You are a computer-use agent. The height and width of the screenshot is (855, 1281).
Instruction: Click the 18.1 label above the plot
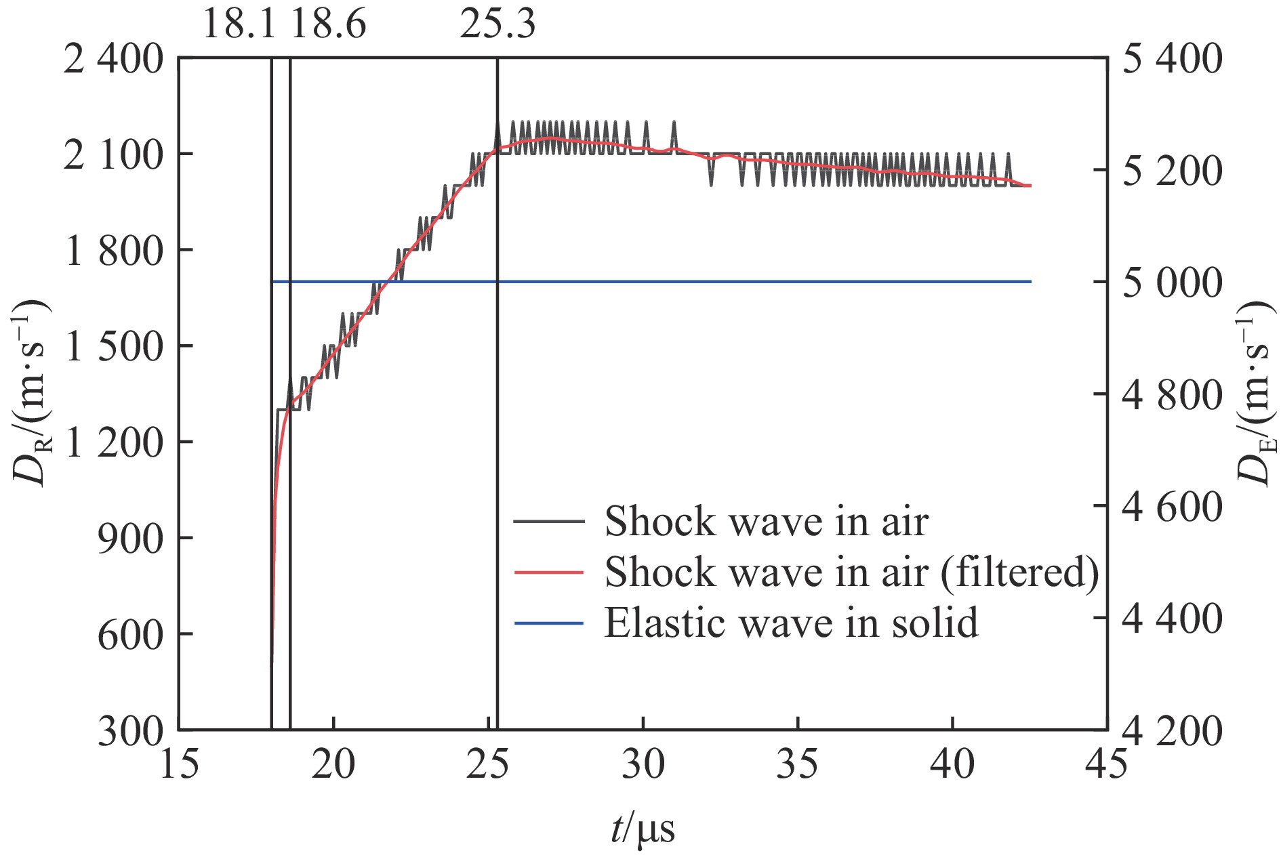pyautogui.click(x=239, y=24)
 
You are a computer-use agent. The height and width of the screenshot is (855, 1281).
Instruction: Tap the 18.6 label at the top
pyautogui.click(x=329, y=24)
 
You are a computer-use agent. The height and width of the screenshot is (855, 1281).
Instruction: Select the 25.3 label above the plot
pyautogui.click(x=497, y=24)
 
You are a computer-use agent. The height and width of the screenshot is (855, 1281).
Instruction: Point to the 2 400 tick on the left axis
pyautogui.click(x=114, y=60)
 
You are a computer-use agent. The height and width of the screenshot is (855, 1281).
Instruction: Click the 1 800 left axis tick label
pyautogui.click(x=114, y=251)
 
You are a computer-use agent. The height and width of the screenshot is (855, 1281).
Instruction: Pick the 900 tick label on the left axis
pyautogui.click(x=131, y=539)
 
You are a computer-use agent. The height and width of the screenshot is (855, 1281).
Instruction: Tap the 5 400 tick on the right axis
pyautogui.click(x=1173, y=60)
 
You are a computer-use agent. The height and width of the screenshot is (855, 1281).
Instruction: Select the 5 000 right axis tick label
pyautogui.click(x=1173, y=283)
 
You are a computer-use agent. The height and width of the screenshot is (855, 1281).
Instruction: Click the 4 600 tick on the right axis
pyautogui.click(x=1173, y=507)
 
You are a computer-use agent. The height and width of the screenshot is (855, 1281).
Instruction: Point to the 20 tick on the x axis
pyautogui.click(x=333, y=764)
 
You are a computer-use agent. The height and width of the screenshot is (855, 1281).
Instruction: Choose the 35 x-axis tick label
pyautogui.click(x=798, y=764)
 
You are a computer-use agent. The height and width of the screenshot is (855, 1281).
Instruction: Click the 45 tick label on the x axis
pyautogui.click(x=1106, y=764)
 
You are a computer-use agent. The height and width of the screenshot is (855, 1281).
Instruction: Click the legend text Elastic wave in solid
pyautogui.click(x=791, y=623)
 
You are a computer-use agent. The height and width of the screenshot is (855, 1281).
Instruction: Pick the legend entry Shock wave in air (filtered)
pyautogui.click(x=851, y=572)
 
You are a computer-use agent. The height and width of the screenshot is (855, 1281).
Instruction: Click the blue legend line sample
pyautogui.click(x=549, y=623)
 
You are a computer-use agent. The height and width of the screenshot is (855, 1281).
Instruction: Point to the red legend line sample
pyautogui.click(x=549, y=572)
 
